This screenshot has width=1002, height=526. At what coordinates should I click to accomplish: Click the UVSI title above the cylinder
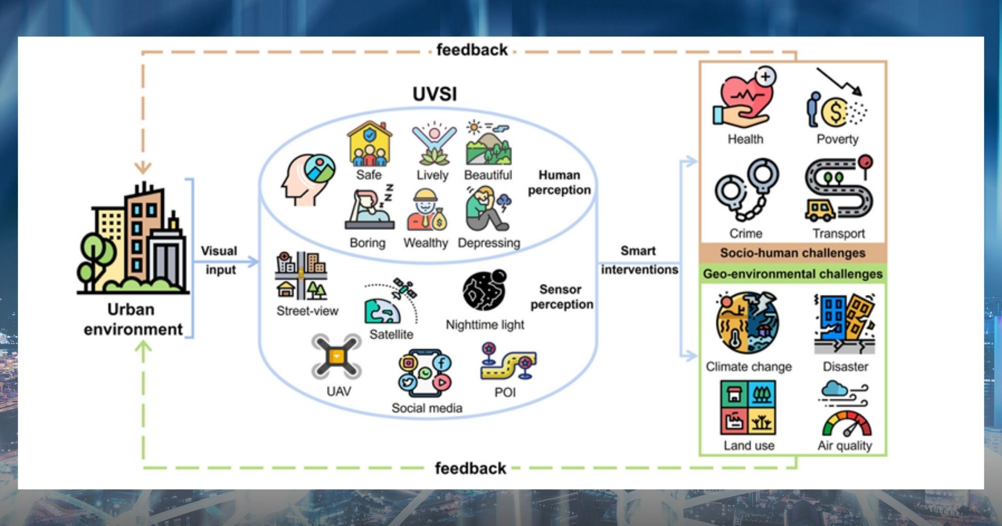[x=434, y=94]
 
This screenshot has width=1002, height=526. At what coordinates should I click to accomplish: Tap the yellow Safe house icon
[x=370, y=144]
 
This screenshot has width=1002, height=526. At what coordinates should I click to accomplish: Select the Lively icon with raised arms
[x=434, y=144]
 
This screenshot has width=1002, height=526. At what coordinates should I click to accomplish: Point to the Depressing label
[x=489, y=243]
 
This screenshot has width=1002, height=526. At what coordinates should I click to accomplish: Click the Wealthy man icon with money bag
[x=426, y=210]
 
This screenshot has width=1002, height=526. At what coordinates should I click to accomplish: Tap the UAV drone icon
[x=336, y=357]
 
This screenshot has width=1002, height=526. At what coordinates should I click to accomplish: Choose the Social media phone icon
[x=425, y=374]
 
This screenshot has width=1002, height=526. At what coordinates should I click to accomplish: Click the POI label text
[x=505, y=392]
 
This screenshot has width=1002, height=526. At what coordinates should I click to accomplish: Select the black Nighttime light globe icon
[x=484, y=291]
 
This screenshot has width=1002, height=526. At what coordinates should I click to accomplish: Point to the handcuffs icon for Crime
[x=746, y=190]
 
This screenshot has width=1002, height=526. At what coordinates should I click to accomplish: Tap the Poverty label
[x=837, y=139]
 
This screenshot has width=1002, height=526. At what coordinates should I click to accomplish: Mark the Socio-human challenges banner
[x=793, y=253]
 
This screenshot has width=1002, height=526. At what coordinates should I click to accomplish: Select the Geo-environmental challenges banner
[x=793, y=274]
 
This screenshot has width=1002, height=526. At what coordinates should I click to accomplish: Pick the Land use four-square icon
[x=748, y=407]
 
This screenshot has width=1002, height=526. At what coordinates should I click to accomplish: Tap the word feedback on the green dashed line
[x=470, y=468]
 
